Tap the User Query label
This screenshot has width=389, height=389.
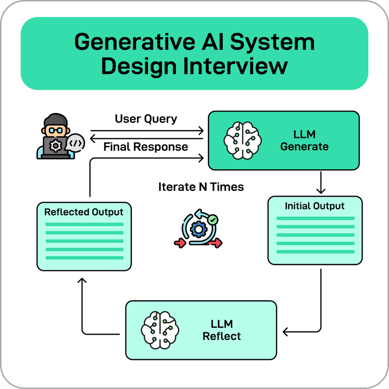pyautogui.click(x=146, y=119)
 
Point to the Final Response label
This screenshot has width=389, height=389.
pyautogui.click(x=146, y=147)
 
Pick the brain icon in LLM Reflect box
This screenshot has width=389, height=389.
pyautogui.click(x=160, y=330)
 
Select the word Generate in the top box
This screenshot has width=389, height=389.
pyautogui.click(x=304, y=147)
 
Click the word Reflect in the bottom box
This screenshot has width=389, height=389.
pyautogui.click(x=221, y=336)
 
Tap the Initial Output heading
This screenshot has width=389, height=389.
pyautogui.click(x=314, y=206)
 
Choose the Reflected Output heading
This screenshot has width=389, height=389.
pyautogui.click(x=84, y=212)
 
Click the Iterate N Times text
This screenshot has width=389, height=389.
pyautogui.click(x=201, y=187)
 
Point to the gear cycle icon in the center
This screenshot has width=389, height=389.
pyautogui.click(x=198, y=229)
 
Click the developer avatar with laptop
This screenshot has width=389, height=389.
pyautogui.click(x=55, y=136)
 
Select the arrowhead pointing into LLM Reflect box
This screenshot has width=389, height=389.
pyautogui.click(x=286, y=331)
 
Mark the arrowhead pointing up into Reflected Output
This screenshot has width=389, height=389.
pyautogui.click(x=81, y=281)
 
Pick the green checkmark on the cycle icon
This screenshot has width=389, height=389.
pyautogui.click(x=212, y=220)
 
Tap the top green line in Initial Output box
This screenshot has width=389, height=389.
pyautogui.click(x=315, y=218)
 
